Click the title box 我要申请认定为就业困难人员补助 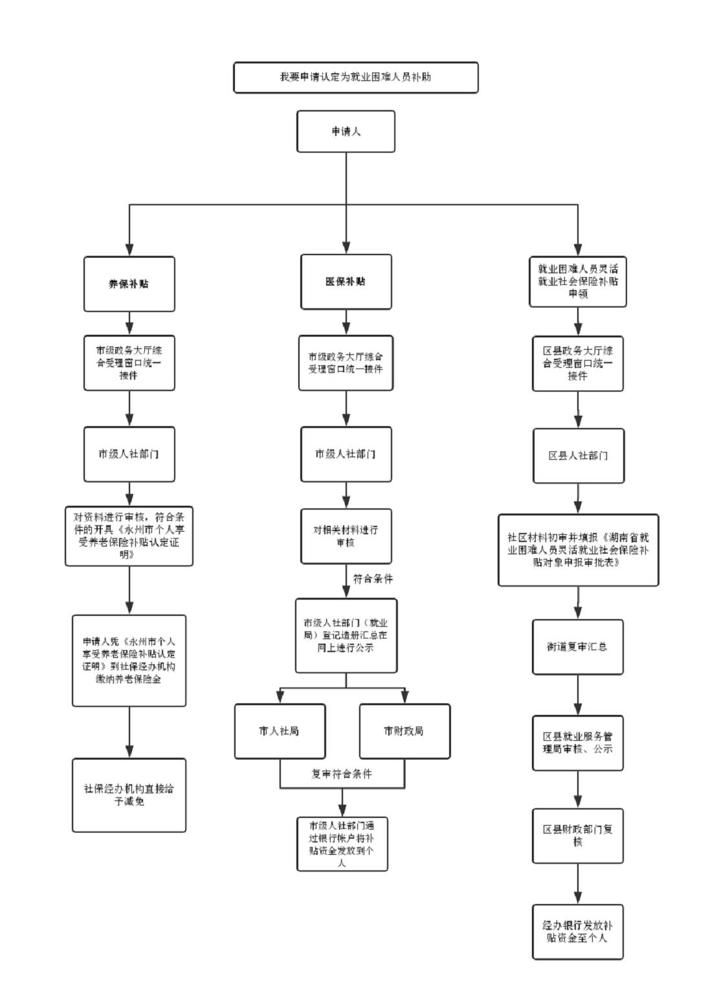point(355,78)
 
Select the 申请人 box point(346,131)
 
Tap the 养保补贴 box point(129,284)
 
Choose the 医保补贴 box point(346,282)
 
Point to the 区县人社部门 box point(578,455)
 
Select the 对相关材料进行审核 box point(346,536)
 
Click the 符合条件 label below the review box point(373,579)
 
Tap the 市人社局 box point(280,731)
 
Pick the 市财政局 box point(404,731)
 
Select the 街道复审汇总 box point(578,647)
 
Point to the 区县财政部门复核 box point(578,835)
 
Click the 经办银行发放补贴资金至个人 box point(578,932)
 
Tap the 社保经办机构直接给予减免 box point(129,795)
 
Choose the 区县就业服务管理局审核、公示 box point(578,743)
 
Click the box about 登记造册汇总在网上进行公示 point(346,635)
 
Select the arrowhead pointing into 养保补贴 point(129,249)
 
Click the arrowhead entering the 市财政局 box point(404,697)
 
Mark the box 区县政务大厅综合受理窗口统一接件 point(578,363)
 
